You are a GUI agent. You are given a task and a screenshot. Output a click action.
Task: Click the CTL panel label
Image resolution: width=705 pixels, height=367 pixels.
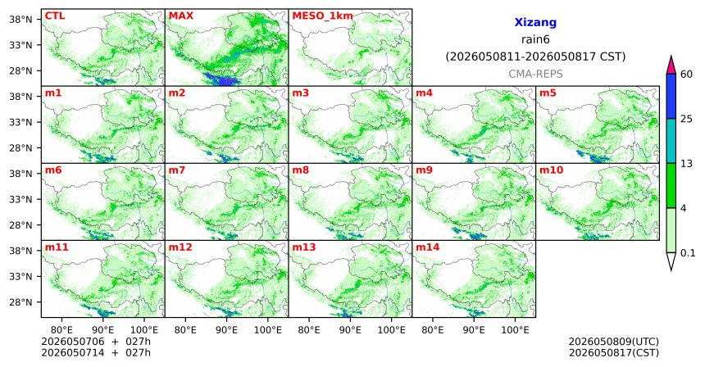pos(55,16)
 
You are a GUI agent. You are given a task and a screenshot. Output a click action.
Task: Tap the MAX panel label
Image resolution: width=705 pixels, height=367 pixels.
pos(180,16)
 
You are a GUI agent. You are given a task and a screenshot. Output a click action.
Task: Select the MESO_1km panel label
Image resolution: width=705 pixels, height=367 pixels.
pos(322,16)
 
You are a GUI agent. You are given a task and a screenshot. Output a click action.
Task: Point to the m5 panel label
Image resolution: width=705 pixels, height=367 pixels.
pos(548,93)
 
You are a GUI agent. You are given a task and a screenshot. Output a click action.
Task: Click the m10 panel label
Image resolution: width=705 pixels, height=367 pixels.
pos(551,170)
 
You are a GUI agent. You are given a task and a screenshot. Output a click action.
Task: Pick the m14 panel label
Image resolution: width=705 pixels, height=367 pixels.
pos(427,247)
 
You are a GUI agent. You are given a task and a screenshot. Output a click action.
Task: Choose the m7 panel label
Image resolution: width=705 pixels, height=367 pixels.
pos(177,170)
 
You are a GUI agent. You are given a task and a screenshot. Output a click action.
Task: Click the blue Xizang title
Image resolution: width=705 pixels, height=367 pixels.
pos(535,22)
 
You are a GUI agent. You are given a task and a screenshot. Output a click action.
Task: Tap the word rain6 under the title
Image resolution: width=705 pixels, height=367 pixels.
pos(535,39)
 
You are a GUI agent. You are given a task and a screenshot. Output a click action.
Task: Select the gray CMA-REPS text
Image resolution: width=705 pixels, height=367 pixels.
pos(535,74)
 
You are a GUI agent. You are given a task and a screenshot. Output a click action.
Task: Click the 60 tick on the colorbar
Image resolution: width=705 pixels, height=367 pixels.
pos(686,74)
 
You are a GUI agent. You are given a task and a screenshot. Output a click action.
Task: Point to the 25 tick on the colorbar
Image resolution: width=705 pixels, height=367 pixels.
pos(686,119)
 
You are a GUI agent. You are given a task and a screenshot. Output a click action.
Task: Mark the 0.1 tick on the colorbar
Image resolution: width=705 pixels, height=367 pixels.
pos(688,253)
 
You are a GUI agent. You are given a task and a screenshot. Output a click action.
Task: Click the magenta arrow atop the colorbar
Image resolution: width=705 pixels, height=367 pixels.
pos(671,66)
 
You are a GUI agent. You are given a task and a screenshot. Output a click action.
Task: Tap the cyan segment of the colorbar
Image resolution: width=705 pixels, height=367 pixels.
pos(671,141)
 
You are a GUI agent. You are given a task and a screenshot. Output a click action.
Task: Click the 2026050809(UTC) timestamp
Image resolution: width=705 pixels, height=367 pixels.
pos(614,342)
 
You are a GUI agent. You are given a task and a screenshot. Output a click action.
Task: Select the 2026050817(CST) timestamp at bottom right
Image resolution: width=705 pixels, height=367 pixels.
pos(614,353)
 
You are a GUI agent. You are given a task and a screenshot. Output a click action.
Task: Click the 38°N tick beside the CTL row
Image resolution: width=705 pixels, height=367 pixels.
pos(20,20)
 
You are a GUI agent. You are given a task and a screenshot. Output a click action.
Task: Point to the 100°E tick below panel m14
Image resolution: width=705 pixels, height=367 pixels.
pos(515,331)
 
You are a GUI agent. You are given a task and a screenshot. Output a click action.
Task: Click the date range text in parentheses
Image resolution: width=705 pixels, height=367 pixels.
pos(535,57)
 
